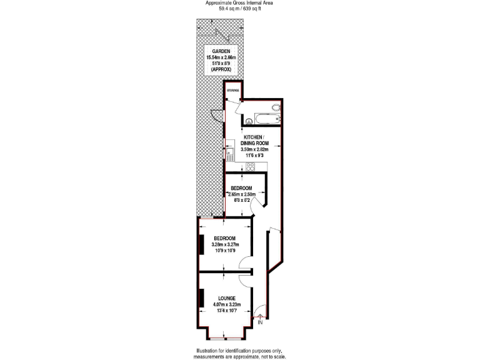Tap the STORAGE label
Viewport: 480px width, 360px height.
pos(233,91)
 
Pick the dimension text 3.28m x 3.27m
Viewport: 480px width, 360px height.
pos(224,244)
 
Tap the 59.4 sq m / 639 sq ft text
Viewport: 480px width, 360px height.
pos(239,9)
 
